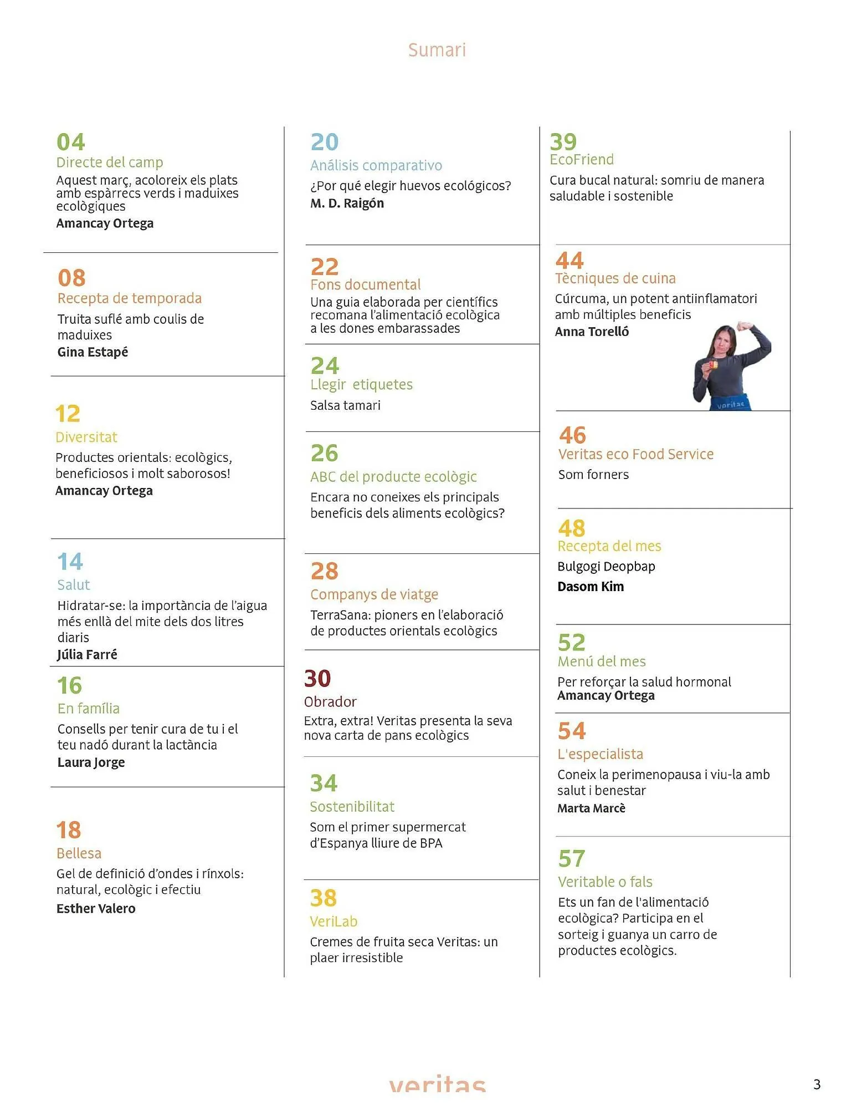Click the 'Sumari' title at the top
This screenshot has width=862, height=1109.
click(x=437, y=50)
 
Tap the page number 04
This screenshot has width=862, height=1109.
click(x=71, y=143)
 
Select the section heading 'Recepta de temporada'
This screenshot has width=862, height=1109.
click(x=129, y=298)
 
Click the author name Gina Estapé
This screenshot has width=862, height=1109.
click(x=93, y=352)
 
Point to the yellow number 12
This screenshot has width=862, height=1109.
click(x=68, y=414)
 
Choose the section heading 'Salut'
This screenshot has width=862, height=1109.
click(x=73, y=585)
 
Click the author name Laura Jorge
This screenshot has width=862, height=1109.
click(x=91, y=762)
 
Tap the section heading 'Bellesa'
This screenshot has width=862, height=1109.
click(x=79, y=853)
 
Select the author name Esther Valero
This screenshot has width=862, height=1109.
click(x=96, y=909)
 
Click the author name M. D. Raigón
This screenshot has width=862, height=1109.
click(x=347, y=204)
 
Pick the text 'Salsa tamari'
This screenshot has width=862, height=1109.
click(x=345, y=405)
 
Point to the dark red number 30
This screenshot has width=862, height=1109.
click(x=317, y=679)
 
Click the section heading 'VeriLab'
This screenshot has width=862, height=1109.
click(x=333, y=922)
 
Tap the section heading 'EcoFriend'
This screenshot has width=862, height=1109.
click(x=581, y=160)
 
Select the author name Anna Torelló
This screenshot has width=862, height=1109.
click(x=592, y=332)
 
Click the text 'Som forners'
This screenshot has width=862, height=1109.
click(x=593, y=475)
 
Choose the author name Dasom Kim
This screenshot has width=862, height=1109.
click(x=591, y=587)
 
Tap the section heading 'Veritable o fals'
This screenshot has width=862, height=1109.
click(x=605, y=882)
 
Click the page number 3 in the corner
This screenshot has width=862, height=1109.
click(x=817, y=1085)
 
